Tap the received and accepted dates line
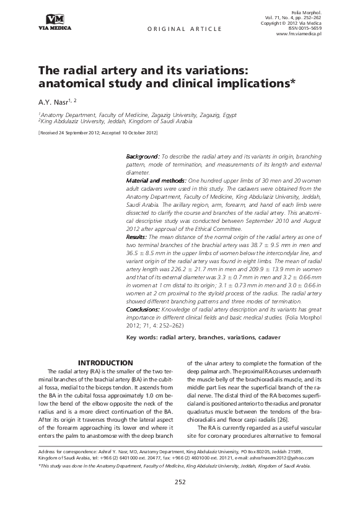tap(97, 133)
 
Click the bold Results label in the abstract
tap(136, 237)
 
